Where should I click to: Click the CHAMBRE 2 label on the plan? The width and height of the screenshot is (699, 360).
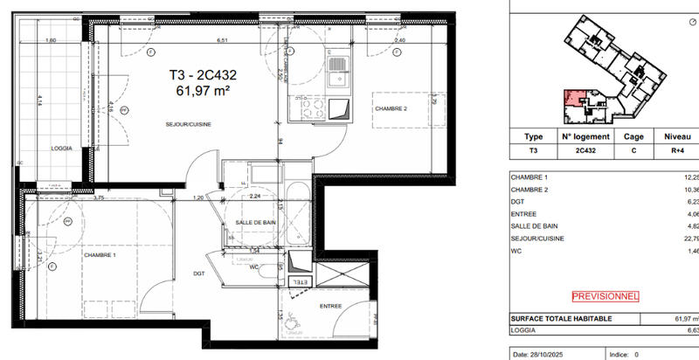391,108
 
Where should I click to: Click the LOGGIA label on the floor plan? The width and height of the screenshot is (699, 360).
61,148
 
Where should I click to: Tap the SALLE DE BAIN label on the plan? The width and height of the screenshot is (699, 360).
258,224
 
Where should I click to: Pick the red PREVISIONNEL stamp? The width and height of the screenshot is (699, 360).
605,296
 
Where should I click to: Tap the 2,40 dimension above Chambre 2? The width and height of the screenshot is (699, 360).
400,40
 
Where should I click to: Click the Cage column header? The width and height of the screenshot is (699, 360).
633,137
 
